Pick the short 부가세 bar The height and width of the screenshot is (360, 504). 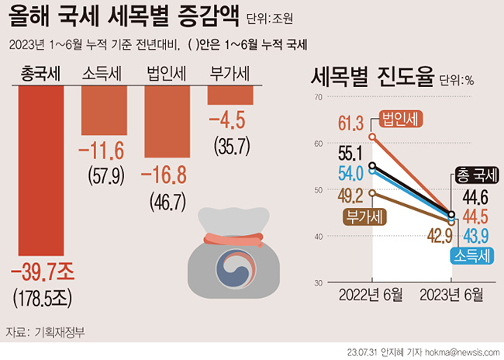[x=230, y=95]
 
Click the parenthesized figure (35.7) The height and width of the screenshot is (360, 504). [x=230, y=144]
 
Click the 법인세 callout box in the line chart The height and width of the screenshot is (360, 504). [x=399, y=120]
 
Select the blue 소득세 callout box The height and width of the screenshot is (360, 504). [x=470, y=254]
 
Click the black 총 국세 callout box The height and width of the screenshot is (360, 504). [x=471, y=175]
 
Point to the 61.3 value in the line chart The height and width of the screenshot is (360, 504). [x=350, y=122]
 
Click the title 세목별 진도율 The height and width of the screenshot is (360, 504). [x=371, y=78]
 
